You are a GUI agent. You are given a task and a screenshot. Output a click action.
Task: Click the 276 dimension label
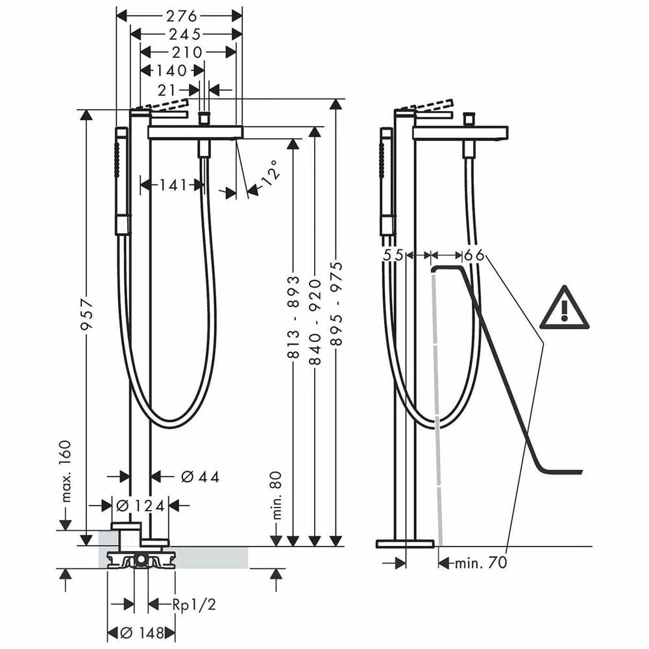pos(182,16)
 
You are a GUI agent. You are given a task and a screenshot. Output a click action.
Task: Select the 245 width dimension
pos(184,34)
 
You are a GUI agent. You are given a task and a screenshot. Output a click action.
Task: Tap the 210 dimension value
pos(187,52)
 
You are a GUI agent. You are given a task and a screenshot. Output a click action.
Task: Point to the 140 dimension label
pos(171,71)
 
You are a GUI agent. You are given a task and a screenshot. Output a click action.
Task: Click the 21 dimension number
pos(167,90)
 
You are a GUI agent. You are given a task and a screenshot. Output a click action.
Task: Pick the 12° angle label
pos(270,173)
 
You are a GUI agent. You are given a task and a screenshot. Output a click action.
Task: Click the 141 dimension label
pos(173,185)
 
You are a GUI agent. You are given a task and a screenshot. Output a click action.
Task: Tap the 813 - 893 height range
pos(293,317)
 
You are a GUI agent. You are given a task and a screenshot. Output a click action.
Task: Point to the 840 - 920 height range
pos(315,322)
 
